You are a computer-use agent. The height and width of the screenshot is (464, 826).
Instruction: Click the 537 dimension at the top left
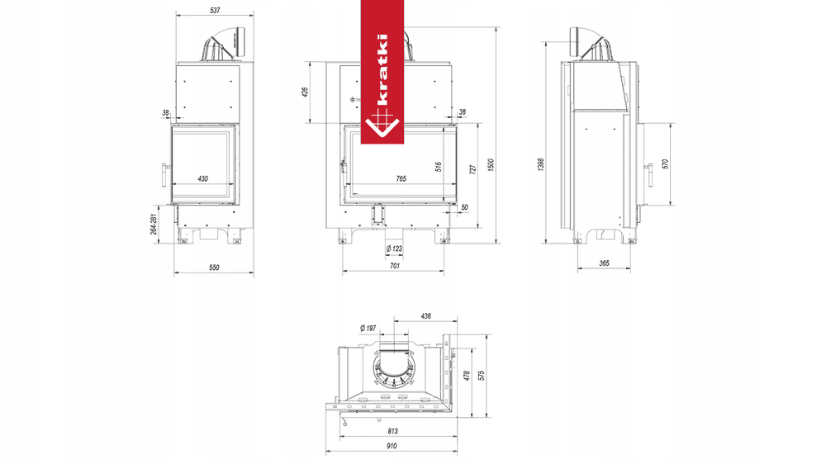215,10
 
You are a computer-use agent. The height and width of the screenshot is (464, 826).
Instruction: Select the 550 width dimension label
214,268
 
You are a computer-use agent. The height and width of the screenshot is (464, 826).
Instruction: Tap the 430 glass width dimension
203,179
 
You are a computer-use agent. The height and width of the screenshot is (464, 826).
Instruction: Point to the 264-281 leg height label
154,224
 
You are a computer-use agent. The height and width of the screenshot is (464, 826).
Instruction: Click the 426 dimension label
305,92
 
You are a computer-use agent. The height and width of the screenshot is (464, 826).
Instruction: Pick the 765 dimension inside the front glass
401,179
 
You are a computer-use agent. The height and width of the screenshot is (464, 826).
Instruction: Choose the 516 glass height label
439,167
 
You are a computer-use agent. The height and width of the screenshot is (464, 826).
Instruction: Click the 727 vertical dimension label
472,169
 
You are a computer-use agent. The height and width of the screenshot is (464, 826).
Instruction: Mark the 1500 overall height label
491,165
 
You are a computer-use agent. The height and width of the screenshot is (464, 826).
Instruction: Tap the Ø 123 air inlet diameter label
394,249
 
